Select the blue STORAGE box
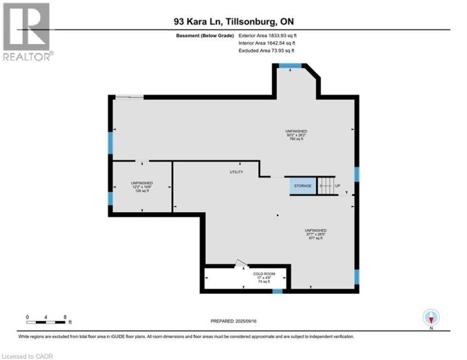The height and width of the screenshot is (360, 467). click(303, 186)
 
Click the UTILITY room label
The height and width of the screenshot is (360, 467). click(236, 172)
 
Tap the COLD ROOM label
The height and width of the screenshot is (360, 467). click(264, 276)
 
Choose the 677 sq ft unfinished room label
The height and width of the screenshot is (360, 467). click(316, 234)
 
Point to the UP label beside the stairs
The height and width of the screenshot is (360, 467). click(337, 186)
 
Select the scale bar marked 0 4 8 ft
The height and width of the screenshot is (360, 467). click(48, 320)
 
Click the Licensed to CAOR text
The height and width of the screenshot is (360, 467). click(28, 355)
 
